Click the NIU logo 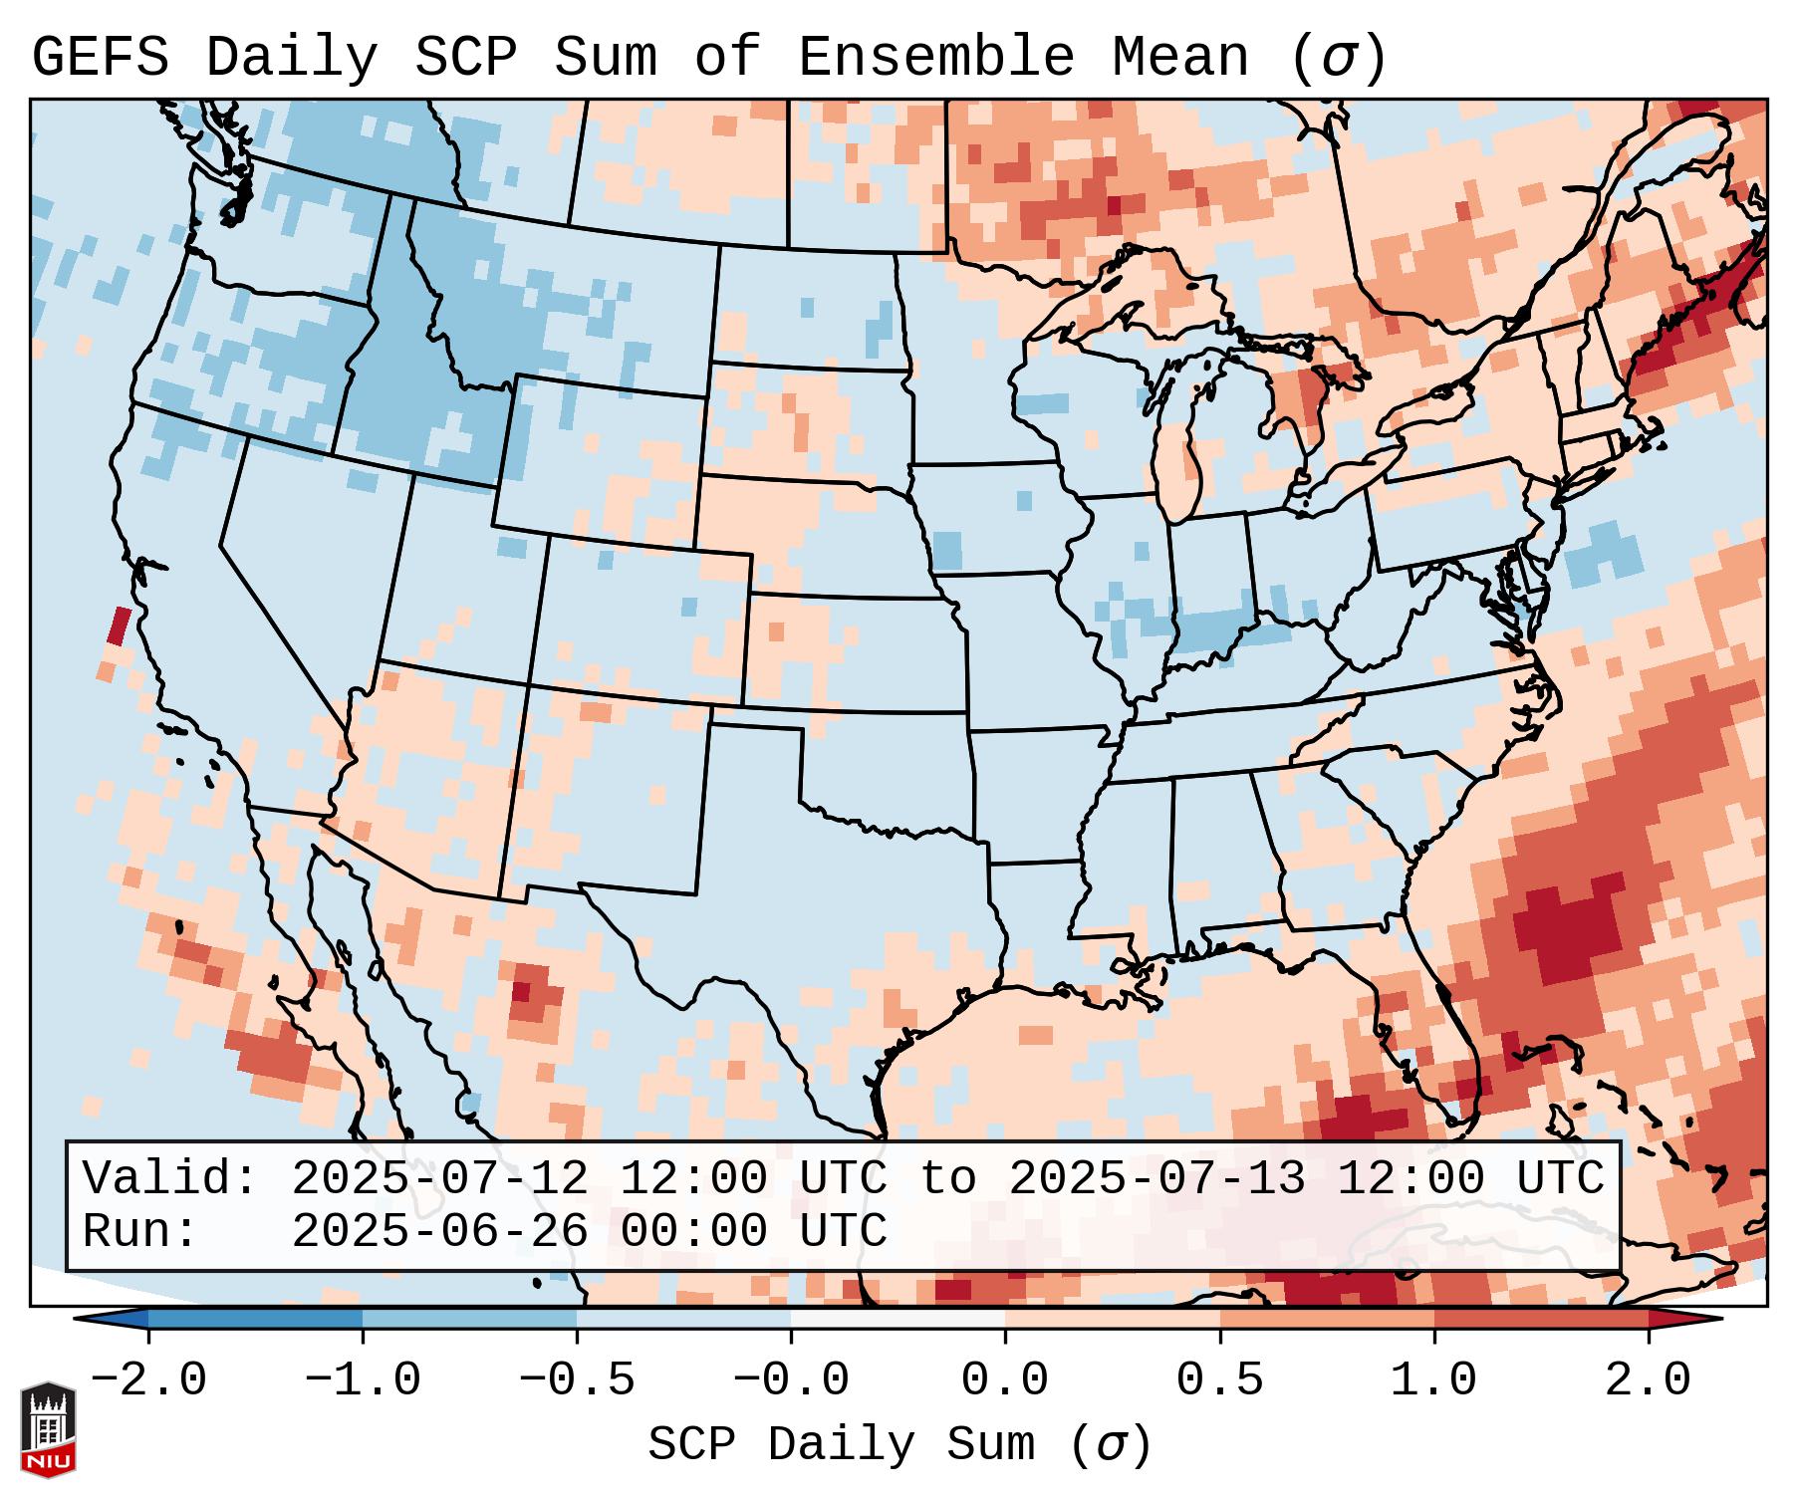(x=48, y=1428)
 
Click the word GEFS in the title (x=101, y=58)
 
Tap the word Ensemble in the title (x=936, y=58)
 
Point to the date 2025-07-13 (x=1156, y=1179)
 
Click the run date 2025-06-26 (x=439, y=1232)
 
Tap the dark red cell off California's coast (x=119, y=626)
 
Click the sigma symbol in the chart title (x=1338, y=58)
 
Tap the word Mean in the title (x=1179, y=58)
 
